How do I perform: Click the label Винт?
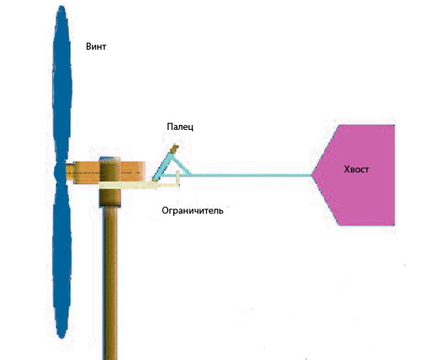click(x=96, y=46)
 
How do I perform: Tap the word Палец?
click(x=180, y=126)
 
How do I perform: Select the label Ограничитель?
click(x=192, y=211)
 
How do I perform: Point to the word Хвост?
click(x=356, y=169)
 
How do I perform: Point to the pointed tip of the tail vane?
click(x=312, y=175)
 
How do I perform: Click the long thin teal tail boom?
click(x=250, y=175)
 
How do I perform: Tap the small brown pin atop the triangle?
click(x=174, y=148)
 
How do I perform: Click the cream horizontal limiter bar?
click(x=139, y=185)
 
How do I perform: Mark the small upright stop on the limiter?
click(x=178, y=178)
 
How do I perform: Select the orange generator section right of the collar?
click(x=133, y=172)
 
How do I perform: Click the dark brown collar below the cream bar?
click(x=110, y=197)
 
